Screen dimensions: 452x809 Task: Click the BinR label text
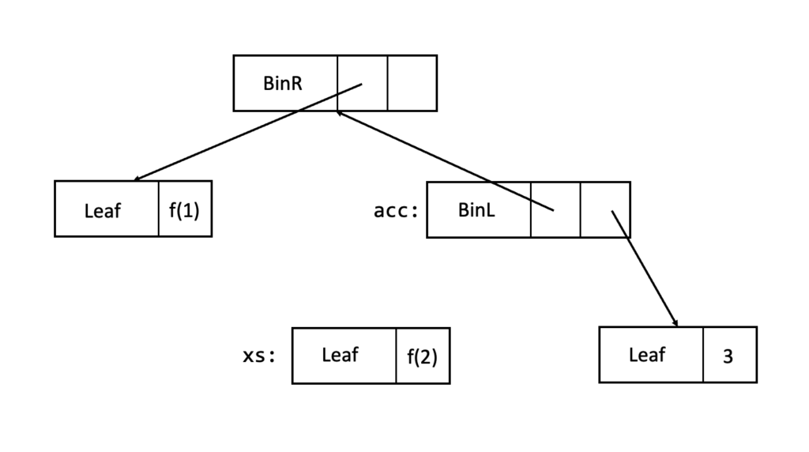(283, 83)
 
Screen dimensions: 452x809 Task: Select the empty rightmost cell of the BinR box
(412, 83)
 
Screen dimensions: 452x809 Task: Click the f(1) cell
(185, 210)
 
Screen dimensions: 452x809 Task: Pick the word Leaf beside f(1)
(103, 210)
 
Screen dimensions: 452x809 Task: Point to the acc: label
(395, 211)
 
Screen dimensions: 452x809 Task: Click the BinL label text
(476, 210)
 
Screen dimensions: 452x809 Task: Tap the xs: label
(259, 356)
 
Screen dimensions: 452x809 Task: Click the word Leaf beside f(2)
(340, 355)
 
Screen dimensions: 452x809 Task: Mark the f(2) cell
(422, 356)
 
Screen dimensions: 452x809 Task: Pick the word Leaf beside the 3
(647, 355)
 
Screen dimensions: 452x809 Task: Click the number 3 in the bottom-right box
(728, 356)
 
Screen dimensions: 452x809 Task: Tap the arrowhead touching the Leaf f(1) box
(138, 179)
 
